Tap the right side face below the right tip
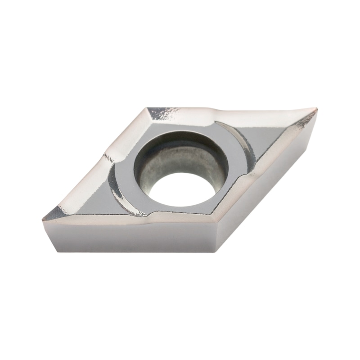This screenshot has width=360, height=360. [270, 180]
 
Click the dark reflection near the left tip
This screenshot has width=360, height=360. [56, 213]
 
